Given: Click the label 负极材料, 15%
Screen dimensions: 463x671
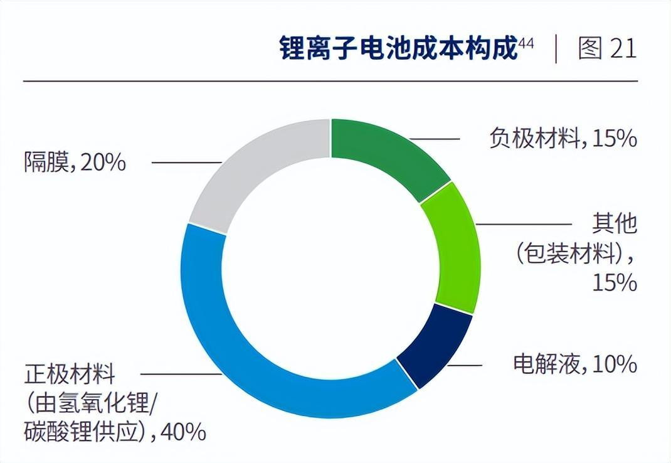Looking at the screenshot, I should click(563, 138).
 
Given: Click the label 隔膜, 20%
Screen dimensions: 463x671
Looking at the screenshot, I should click(75, 162).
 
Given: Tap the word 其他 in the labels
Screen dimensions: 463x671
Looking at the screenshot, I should click(614, 224).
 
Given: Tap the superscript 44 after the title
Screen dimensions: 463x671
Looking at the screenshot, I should click(526, 43).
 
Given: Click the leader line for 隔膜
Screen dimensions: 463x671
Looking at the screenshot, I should click(186, 162).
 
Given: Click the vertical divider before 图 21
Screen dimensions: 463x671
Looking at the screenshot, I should click(556, 50).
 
